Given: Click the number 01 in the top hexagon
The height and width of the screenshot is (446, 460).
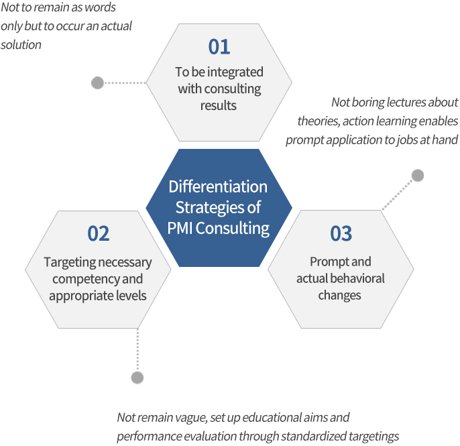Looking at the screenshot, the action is (219, 47).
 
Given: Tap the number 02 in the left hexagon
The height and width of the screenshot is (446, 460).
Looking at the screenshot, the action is (99, 233).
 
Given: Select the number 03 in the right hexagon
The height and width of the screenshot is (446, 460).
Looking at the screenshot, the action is (341, 233).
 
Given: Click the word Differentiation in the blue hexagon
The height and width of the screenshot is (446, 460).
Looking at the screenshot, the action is (218, 186).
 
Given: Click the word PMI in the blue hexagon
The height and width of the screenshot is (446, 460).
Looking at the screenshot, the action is (180, 228).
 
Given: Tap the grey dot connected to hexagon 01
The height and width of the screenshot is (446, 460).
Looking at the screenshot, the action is (97, 82).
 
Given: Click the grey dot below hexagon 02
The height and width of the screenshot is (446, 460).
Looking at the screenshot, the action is (137, 378).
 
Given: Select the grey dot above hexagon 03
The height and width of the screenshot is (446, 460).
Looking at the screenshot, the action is (418, 176).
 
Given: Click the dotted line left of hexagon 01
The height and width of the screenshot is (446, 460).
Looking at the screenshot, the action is (125, 83).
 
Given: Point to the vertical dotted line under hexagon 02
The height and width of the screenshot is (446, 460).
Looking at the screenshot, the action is (137, 350).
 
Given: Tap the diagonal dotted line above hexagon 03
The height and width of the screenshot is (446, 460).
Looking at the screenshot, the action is (398, 194).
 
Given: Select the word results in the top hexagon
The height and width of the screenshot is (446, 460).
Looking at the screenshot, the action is (219, 106).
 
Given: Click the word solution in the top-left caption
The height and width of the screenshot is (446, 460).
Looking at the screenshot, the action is (21, 45).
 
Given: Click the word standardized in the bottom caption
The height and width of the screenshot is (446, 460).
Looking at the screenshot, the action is (314, 437).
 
